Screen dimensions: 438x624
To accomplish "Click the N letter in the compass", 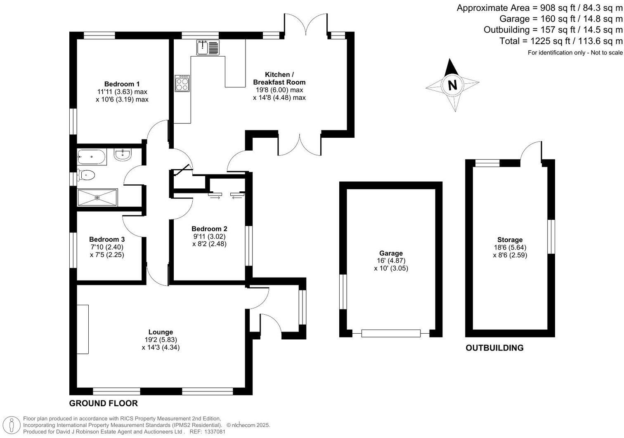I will (x=453, y=85).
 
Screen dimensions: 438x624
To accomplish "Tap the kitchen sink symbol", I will (x=208, y=47).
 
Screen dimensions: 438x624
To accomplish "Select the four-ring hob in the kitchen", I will (x=182, y=84).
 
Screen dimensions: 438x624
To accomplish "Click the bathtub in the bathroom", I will (x=91, y=157).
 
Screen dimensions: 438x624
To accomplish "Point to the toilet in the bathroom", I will (x=86, y=176).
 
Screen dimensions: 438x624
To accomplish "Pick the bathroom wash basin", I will (x=123, y=155).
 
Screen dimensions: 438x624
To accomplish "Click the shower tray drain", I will (x=97, y=198).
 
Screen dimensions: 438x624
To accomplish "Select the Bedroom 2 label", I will (x=209, y=229).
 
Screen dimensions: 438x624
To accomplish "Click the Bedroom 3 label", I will (x=107, y=239).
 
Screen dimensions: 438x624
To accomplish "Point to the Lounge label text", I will (x=161, y=332).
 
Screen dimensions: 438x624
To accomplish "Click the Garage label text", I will (x=391, y=253).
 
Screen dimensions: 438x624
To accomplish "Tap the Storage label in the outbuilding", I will (x=510, y=240).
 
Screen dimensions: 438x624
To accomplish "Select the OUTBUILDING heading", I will (x=494, y=348).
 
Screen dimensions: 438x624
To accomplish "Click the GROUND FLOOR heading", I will (x=103, y=403).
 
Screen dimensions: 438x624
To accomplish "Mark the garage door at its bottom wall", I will (x=391, y=333).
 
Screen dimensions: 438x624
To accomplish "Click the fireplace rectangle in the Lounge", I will (x=83, y=329).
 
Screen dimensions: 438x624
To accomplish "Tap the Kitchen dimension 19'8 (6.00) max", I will (x=279, y=90).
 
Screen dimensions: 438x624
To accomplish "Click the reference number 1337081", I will (x=213, y=432).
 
